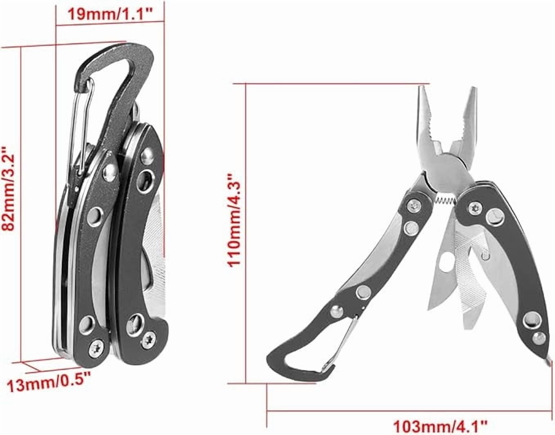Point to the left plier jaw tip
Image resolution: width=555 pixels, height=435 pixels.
tap(421, 91)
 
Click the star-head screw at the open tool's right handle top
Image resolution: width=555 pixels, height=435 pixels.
tap(474, 205)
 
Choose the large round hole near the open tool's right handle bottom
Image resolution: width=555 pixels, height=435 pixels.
tap(531, 317)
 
